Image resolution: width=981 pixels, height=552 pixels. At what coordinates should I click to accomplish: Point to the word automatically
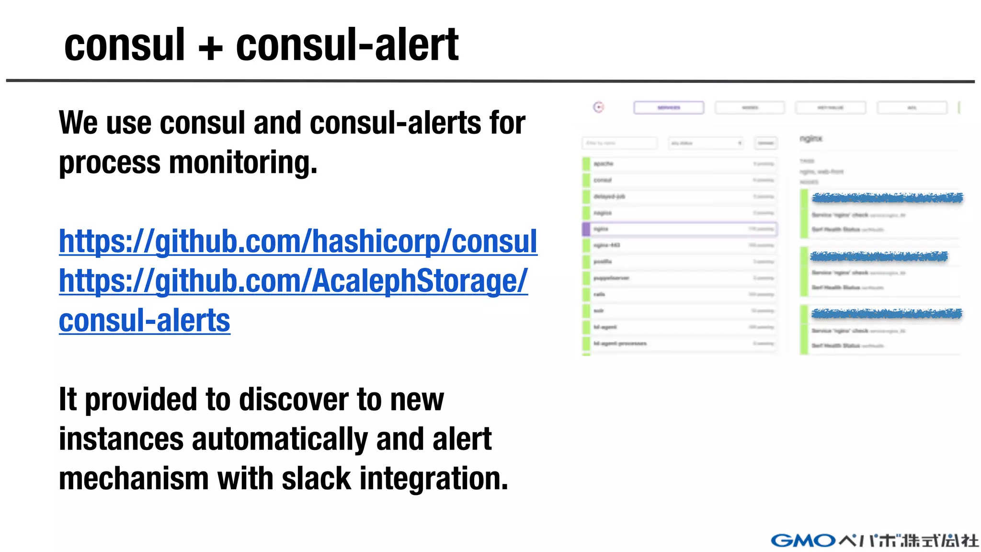(x=279, y=439)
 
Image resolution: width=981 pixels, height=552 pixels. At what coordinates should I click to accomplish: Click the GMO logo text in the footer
(x=803, y=540)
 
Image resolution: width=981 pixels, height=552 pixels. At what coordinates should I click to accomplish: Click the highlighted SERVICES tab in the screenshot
(x=669, y=107)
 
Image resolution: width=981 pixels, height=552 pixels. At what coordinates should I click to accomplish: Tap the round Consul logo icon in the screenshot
(x=598, y=107)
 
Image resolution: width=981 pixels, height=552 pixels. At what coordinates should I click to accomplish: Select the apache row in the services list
(x=680, y=164)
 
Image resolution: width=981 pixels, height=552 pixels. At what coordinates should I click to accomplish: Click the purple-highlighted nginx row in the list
(x=680, y=229)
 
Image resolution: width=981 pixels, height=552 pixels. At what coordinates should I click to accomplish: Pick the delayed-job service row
(x=680, y=196)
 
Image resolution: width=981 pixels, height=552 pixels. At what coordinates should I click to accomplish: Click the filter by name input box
(x=620, y=143)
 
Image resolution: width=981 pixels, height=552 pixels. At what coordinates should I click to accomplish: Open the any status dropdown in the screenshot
(x=706, y=143)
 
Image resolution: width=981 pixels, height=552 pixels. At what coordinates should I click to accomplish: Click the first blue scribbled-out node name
(x=886, y=198)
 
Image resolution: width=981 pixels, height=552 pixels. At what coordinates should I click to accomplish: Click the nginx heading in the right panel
(x=810, y=139)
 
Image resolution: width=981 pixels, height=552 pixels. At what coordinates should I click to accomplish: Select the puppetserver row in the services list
(x=680, y=278)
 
